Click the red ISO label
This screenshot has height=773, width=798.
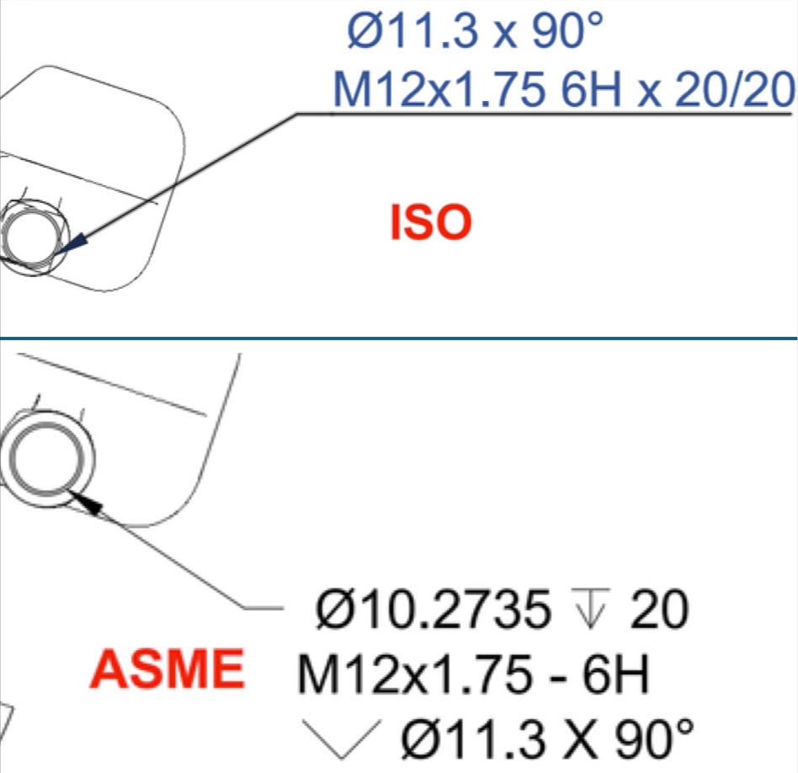pyautogui.click(x=431, y=222)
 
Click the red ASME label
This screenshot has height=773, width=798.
pyautogui.click(x=167, y=669)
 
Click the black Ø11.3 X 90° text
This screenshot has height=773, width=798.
pyautogui.click(x=547, y=739)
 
